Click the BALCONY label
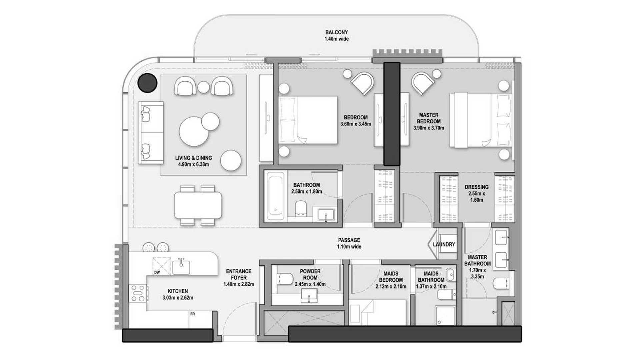tap(336, 32)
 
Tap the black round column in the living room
tap(148, 83)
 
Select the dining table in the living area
tap(198, 205)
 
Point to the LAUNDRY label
tap(444, 244)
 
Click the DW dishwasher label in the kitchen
tap(157, 272)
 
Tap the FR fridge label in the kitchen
tap(192, 314)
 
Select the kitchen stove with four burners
tap(138, 293)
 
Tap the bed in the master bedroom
tap(480, 120)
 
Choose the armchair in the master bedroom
tap(422, 83)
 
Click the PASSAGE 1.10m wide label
tap(349, 243)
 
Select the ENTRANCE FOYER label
tap(239, 274)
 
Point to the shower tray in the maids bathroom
tap(445, 315)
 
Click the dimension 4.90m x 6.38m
tap(193, 164)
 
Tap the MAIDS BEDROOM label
tap(391, 277)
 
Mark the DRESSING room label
tap(477, 187)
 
